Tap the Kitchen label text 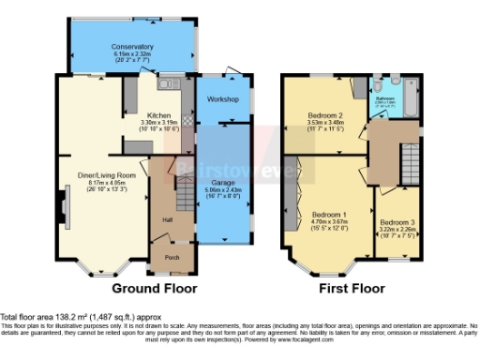coord(158,114)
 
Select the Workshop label coord(225,99)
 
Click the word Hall coord(168,220)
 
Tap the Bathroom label coord(386,97)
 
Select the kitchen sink coord(168,85)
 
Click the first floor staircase coord(409,154)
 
